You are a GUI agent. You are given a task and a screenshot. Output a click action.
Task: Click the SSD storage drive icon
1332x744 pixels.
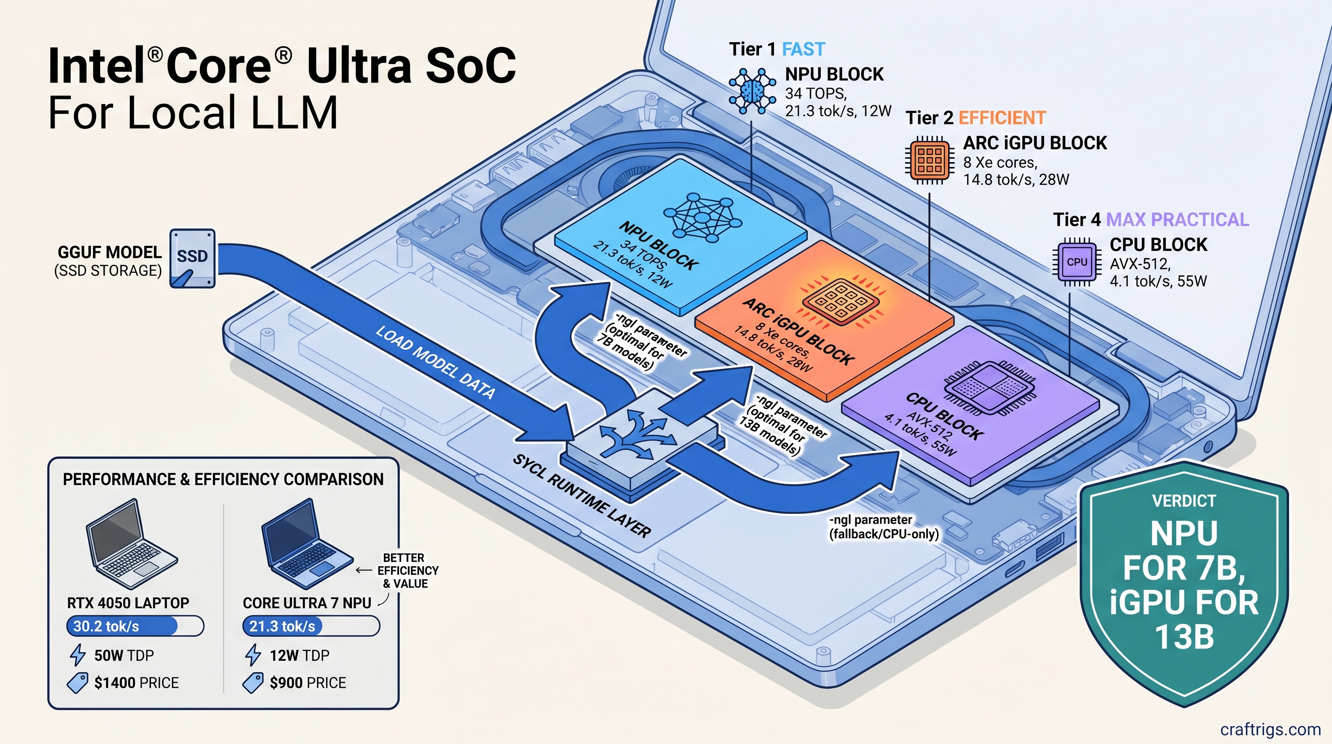[192, 258]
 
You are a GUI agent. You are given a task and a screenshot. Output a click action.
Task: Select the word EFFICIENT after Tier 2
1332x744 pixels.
[1001, 118]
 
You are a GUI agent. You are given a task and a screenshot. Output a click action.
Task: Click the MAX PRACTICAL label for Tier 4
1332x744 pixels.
[1177, 220]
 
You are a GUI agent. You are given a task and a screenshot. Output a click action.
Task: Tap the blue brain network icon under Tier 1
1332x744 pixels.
[752, 91]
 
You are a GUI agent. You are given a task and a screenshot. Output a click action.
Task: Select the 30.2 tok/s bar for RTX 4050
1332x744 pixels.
[135, 626]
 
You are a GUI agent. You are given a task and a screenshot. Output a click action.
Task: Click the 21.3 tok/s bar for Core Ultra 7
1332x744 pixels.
[310, 626]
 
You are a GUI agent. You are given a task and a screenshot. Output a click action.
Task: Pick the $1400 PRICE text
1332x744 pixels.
[136, 683]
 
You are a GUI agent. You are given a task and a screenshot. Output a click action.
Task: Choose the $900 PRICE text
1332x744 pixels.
[308, 683]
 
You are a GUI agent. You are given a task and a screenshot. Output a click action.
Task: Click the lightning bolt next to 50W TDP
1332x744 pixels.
[77, 655]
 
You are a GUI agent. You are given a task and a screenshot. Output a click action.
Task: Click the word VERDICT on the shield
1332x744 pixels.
[1183, 501]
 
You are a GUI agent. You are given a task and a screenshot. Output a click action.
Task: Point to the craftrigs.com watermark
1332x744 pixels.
[1270, 729]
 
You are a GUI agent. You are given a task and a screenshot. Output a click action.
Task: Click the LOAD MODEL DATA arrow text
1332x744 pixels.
[434, 362]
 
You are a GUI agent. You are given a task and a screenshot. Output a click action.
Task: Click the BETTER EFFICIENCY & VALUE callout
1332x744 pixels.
[407, 571]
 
